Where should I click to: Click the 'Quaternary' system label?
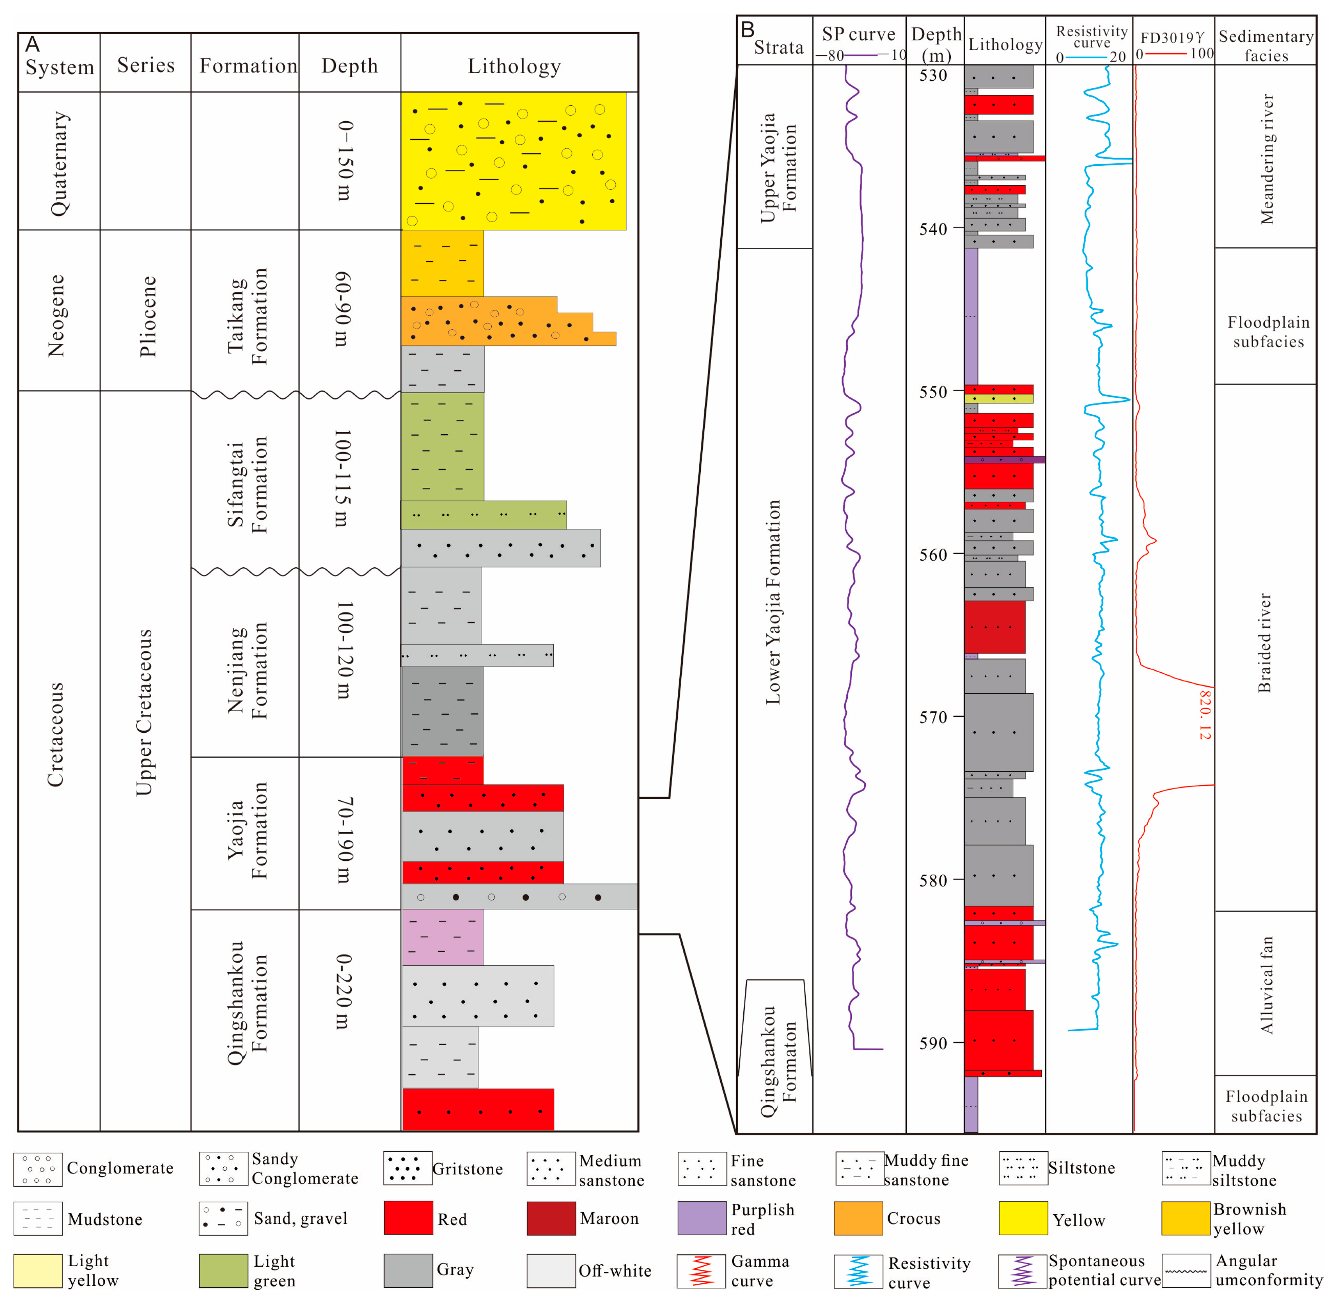[x=60, y=163]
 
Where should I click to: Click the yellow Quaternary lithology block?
[x=513, y=161]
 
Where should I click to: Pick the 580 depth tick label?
[x=934, y=880]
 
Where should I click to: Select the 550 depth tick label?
[x=934, y=392]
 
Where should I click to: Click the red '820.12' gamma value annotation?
[x=1204, y=714]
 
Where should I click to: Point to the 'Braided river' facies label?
[x=1264, y=642]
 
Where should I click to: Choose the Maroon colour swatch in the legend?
[x=551, y=1218]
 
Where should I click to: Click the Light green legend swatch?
[x=223, y=1270]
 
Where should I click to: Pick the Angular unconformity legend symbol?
[x=1186, y=1270]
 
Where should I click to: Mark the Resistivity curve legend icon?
[x=858, y=1270]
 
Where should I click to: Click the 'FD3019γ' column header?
[x=1172, y=37]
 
